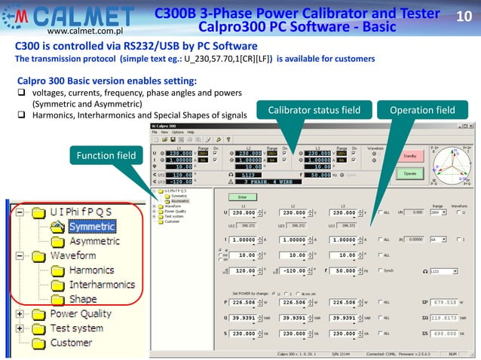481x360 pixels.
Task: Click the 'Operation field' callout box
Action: click(x=422, y=111)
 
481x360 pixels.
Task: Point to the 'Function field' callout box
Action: click(x=105, y=156)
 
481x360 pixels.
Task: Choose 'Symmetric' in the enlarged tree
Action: click(x=92, y=226)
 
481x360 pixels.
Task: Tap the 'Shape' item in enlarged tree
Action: click(x=83, y=299)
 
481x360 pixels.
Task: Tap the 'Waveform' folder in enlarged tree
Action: click(x=72, y=255)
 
